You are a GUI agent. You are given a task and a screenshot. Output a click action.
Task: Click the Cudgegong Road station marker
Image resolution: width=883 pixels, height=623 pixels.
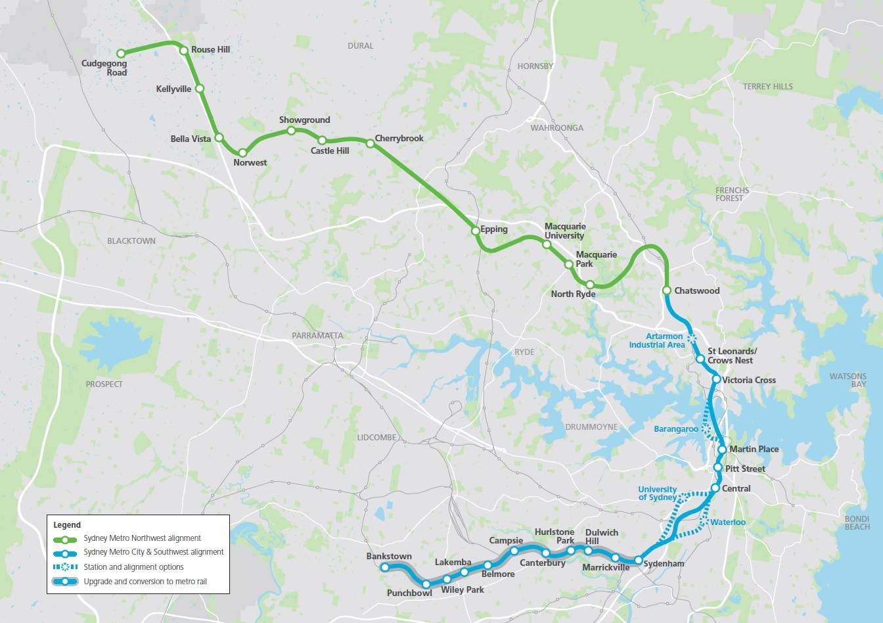(x=120, y=53)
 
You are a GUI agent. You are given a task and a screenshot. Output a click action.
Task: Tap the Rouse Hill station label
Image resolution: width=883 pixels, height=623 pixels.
(x=210, y=50)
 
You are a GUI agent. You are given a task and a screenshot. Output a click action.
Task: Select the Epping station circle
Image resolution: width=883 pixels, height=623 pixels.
(x=475, y=231)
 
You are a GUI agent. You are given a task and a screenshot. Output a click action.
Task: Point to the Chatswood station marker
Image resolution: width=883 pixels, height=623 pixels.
(x=667, y=290)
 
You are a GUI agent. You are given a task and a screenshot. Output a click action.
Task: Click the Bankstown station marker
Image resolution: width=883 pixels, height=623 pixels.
(x=386, y=566)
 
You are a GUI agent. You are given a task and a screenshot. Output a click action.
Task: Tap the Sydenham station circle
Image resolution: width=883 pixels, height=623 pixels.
(x=638, y=561)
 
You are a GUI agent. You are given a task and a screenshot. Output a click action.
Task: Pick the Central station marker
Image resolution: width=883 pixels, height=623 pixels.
(x=715, y=488)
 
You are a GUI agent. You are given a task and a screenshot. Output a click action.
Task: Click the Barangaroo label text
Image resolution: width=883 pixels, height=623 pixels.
(x=675, y=429)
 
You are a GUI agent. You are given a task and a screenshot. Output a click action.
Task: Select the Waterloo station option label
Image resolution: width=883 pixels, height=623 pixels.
(x=728, y=522)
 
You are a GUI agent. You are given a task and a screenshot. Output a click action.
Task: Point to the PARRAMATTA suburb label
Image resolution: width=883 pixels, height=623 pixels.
(x=317, y=335)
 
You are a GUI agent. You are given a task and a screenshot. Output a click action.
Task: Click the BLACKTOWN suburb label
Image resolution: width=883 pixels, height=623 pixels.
(x=131, y=241)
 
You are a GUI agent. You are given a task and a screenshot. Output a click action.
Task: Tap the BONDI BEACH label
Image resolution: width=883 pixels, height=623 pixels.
(x=857, y=522)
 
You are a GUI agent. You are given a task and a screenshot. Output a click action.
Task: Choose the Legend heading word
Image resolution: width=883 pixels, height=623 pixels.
(x=67, y=525)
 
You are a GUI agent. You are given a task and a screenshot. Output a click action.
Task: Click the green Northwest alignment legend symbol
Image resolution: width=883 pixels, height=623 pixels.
(x=66, y=538)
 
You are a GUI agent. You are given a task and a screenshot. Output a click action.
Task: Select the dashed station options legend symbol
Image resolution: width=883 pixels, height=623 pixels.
(x=66, y=567)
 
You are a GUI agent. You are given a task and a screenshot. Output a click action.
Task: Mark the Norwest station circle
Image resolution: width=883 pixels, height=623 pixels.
(x=243, y=153)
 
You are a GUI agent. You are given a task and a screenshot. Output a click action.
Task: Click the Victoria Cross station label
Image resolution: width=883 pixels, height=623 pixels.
(x=748, y=381)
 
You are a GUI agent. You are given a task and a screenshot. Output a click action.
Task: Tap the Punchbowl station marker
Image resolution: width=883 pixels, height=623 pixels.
(x=426, y=584)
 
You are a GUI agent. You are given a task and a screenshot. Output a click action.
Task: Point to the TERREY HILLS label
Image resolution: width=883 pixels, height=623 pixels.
(x=767, y=87)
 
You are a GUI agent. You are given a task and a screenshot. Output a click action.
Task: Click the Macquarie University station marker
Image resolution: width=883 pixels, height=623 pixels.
(x=546, y=244)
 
